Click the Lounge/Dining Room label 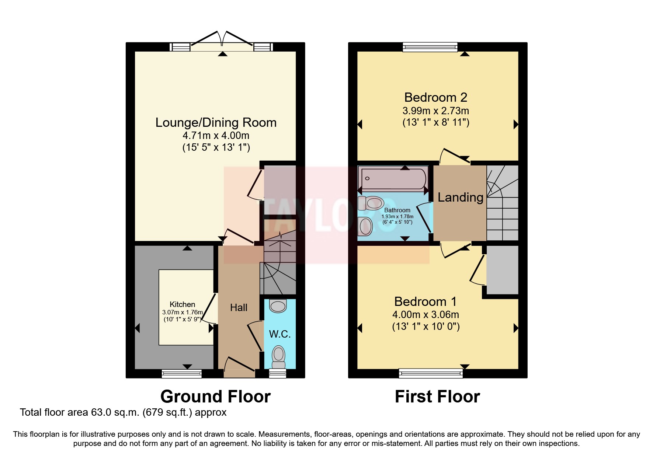click(216, 122)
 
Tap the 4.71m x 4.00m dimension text click(216, 136)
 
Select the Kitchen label click(182, 304)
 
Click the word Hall click(239, 307)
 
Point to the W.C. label click(280, 334)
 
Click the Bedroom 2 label click(435, 97)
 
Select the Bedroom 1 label click(426, 301)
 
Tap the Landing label click(460, 198)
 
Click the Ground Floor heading click(215, 397)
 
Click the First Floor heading click(437, 397)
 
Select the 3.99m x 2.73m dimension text click(435, 111)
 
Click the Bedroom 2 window click(430, 47)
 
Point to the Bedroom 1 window click(431, 374)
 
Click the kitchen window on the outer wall click(182, 374)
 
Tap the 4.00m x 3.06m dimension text click(426, 315)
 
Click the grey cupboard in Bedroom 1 click(502, 270)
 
